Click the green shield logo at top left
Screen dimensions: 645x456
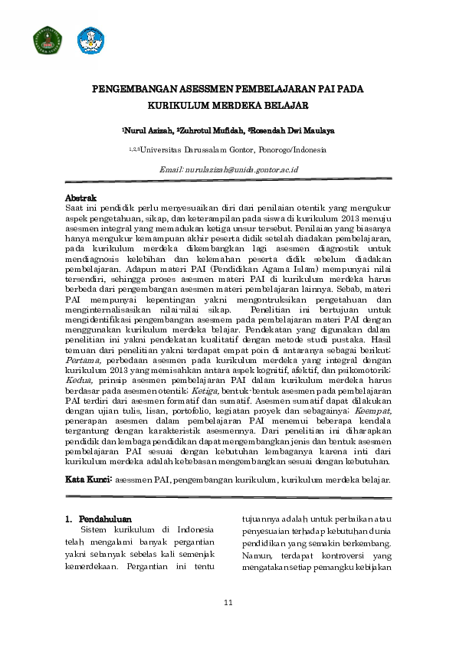pos(46,41)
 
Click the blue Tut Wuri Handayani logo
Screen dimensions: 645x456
pos(89,41)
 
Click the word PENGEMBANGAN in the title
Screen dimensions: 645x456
pos(126,89)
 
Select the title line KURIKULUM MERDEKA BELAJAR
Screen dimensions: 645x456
pos(228,104)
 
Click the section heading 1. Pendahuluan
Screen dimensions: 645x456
pos(96,519)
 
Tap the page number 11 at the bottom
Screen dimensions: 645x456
pos(228,604)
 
